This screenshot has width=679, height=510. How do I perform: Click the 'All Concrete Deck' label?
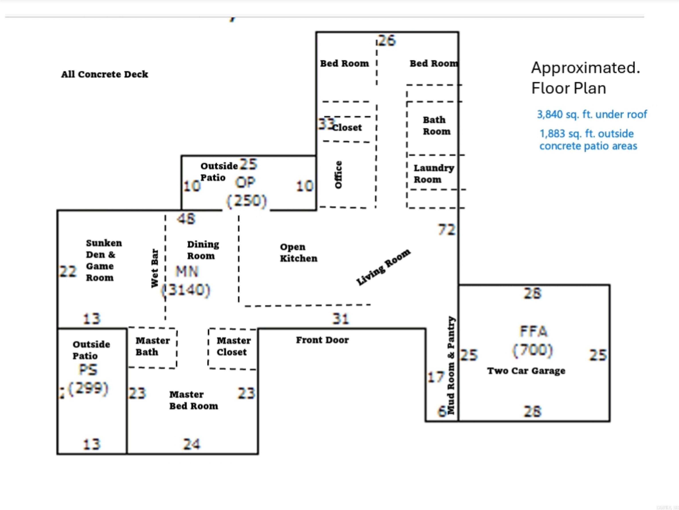tap(104, 74)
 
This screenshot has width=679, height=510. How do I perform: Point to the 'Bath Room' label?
tap(436, 126)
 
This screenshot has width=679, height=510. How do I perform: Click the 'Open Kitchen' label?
tap(298, 253)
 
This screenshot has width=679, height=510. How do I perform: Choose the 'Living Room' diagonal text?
tap(383, 267)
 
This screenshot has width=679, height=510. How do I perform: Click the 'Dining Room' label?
tap(203, 250)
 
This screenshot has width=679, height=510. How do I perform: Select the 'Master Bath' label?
tap(152, 346)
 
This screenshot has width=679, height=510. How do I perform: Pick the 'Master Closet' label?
tap(233, 346)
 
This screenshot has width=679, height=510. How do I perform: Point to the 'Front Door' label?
tap(322, 340)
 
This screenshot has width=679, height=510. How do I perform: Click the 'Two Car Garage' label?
tap(526, 371)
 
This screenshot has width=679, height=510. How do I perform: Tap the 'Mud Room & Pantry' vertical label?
tap(451, 365)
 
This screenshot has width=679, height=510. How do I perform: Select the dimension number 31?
tap(340, 319)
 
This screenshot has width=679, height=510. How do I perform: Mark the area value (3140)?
tap(186, 290)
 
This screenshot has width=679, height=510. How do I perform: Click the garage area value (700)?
tap(533, 350)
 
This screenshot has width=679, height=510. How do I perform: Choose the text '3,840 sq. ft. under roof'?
tap(591, 114)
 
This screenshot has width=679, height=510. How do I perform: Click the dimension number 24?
tap(191, 444)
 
